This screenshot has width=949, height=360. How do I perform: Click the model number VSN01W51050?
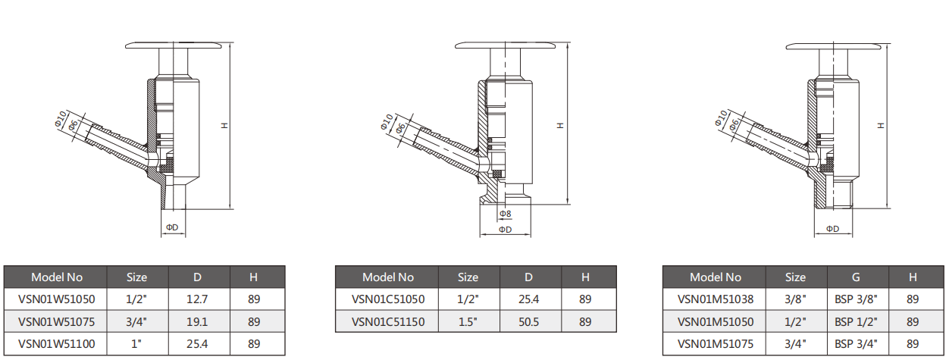click(56, 299)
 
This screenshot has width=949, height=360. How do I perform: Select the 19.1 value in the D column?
click(197, 322)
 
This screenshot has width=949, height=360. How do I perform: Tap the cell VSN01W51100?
click(56, 344)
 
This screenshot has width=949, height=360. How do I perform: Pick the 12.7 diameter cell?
click(197, 299)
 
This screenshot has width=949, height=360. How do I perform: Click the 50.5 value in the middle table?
click(528, 322)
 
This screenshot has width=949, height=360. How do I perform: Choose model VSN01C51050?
click(387, 299)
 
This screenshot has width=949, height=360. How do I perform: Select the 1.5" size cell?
click(468, 322)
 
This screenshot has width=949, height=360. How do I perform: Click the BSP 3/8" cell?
click(856, 299)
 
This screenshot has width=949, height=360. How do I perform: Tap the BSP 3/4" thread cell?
click(856, 344)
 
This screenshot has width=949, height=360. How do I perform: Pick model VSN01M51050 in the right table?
click(715, 322)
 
